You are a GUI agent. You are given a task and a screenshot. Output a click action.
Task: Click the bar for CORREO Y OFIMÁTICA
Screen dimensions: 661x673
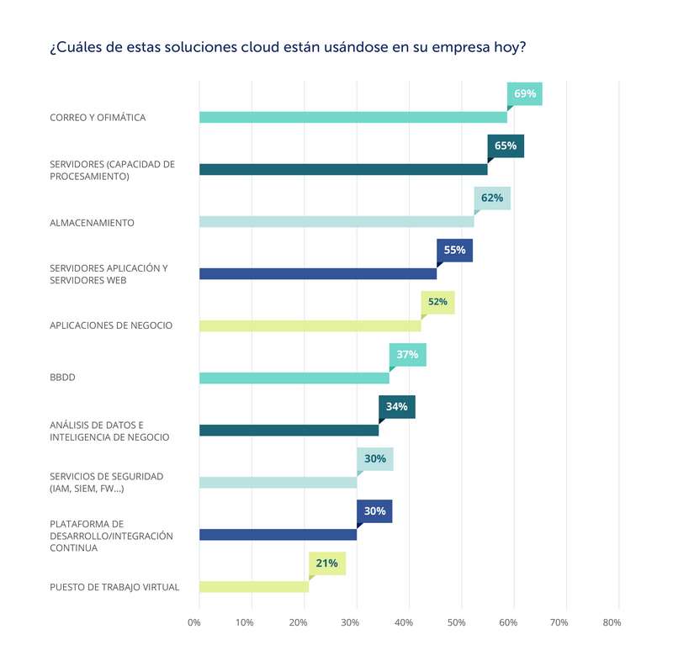(353, 117)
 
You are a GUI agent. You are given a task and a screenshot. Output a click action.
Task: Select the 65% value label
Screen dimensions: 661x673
(506, 145)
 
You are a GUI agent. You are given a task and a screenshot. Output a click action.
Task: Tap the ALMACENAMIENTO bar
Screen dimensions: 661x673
(336, 222)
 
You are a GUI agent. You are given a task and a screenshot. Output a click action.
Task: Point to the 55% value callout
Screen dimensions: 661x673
(454, 250)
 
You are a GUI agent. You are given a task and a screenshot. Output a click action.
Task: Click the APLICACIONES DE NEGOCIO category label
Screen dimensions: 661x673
(111, 325)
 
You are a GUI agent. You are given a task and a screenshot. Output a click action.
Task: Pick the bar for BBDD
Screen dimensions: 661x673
(294, 378)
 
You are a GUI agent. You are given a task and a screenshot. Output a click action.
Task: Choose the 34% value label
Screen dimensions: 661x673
(396, 406)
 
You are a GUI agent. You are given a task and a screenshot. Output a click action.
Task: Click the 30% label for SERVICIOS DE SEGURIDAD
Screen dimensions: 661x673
(375, 459)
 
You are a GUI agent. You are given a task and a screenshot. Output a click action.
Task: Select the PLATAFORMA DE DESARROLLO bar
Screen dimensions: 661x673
(278, 535)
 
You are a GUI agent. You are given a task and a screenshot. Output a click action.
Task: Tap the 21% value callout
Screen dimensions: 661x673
(327, 563)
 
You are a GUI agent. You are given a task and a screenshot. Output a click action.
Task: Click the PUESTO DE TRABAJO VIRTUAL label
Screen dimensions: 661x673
(114, 587)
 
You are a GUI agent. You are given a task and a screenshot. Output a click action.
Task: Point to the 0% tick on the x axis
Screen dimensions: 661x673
(194, 623)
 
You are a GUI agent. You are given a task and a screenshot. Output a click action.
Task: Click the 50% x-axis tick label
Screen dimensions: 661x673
(456, 623)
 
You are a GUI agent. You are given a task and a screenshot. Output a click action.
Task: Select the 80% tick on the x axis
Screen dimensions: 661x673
(612, 623)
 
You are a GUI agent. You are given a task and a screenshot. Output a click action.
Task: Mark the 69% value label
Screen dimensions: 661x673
(525, 93)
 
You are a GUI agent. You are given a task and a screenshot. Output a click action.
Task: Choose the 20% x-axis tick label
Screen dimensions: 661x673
(299, 623)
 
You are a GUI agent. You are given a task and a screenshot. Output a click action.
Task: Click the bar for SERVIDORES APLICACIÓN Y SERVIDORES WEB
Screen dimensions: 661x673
(318, 273)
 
